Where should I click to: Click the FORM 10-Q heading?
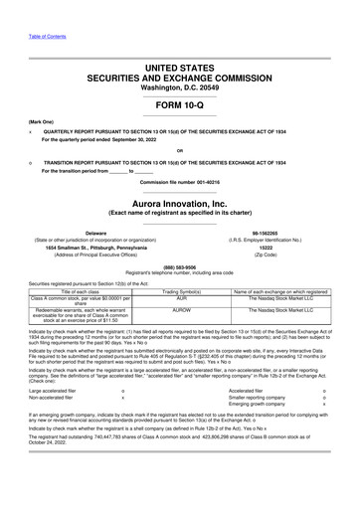pos(179,106)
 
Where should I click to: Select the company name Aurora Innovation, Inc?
pos(179,202)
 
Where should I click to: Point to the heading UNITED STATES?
pos(180,68)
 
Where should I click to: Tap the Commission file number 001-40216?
pos(179,182)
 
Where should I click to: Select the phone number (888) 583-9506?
pos(179,265)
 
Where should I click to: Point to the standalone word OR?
pos(179,152)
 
